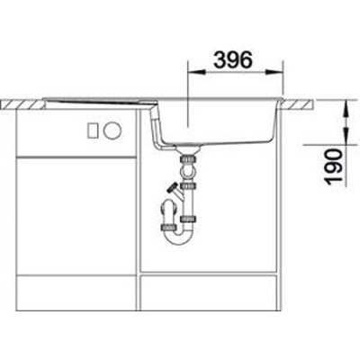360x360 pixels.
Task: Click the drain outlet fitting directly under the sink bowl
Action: pos(190,161)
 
